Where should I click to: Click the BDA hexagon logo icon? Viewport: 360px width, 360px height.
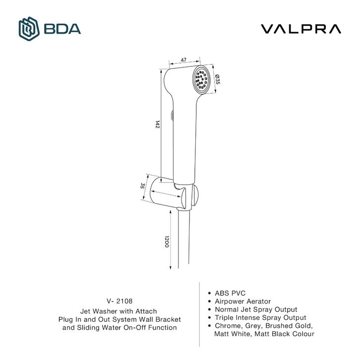pos(29,29)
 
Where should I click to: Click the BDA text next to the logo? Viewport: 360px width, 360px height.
pos(62,29)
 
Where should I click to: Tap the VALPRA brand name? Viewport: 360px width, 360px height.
pos(301,29)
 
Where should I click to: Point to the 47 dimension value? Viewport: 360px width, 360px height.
pos(183,60)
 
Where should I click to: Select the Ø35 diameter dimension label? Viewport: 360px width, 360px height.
pos(217,79)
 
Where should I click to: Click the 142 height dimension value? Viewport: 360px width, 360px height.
pos(157,124)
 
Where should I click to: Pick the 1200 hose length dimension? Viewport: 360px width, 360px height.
pos(167,241)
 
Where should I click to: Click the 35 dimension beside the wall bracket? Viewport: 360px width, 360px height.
pos(142,185)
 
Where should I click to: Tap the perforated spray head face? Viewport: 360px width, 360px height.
pos(201,79)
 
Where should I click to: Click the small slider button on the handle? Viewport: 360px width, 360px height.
pos(172,115)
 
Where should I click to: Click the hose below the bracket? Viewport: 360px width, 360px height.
pos(183,239)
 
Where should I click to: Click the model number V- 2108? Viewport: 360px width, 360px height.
pos(120,301)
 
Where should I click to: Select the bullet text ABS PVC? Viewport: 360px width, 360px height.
pos(230,293)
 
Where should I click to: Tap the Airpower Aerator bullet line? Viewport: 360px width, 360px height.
pos(242,301)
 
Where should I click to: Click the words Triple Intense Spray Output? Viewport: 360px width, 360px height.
pos(260,317)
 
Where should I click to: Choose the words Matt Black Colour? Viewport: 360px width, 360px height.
pos(284,334)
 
